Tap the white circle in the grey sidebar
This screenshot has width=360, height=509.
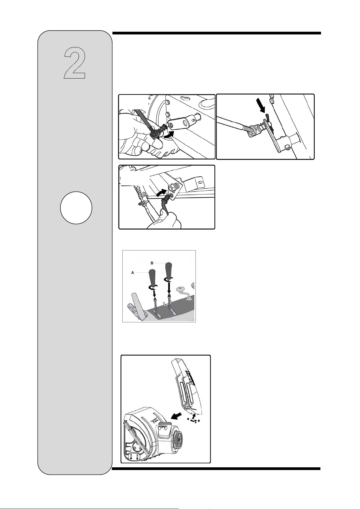click(76, 208)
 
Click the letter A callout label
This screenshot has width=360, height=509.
click(132, 273)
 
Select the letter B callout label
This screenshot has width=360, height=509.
click(152, 263)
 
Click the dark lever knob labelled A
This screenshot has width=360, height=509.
click(152, 278)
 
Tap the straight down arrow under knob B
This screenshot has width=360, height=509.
click(169, 287)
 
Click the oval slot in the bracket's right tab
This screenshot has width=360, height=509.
click(200, 182)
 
